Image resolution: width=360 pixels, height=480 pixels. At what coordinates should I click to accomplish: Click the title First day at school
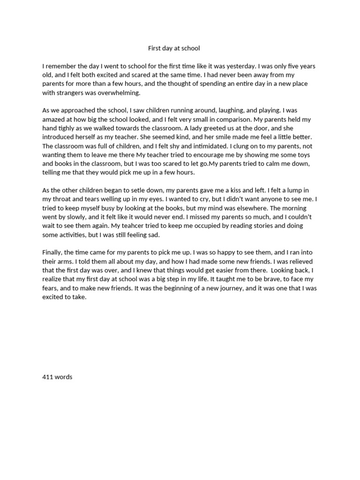(x=174, y=48)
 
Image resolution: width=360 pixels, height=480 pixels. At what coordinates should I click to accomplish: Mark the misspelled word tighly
(x=68, y=128)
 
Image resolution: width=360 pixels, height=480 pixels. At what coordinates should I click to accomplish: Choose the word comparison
(x=233, y=120)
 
